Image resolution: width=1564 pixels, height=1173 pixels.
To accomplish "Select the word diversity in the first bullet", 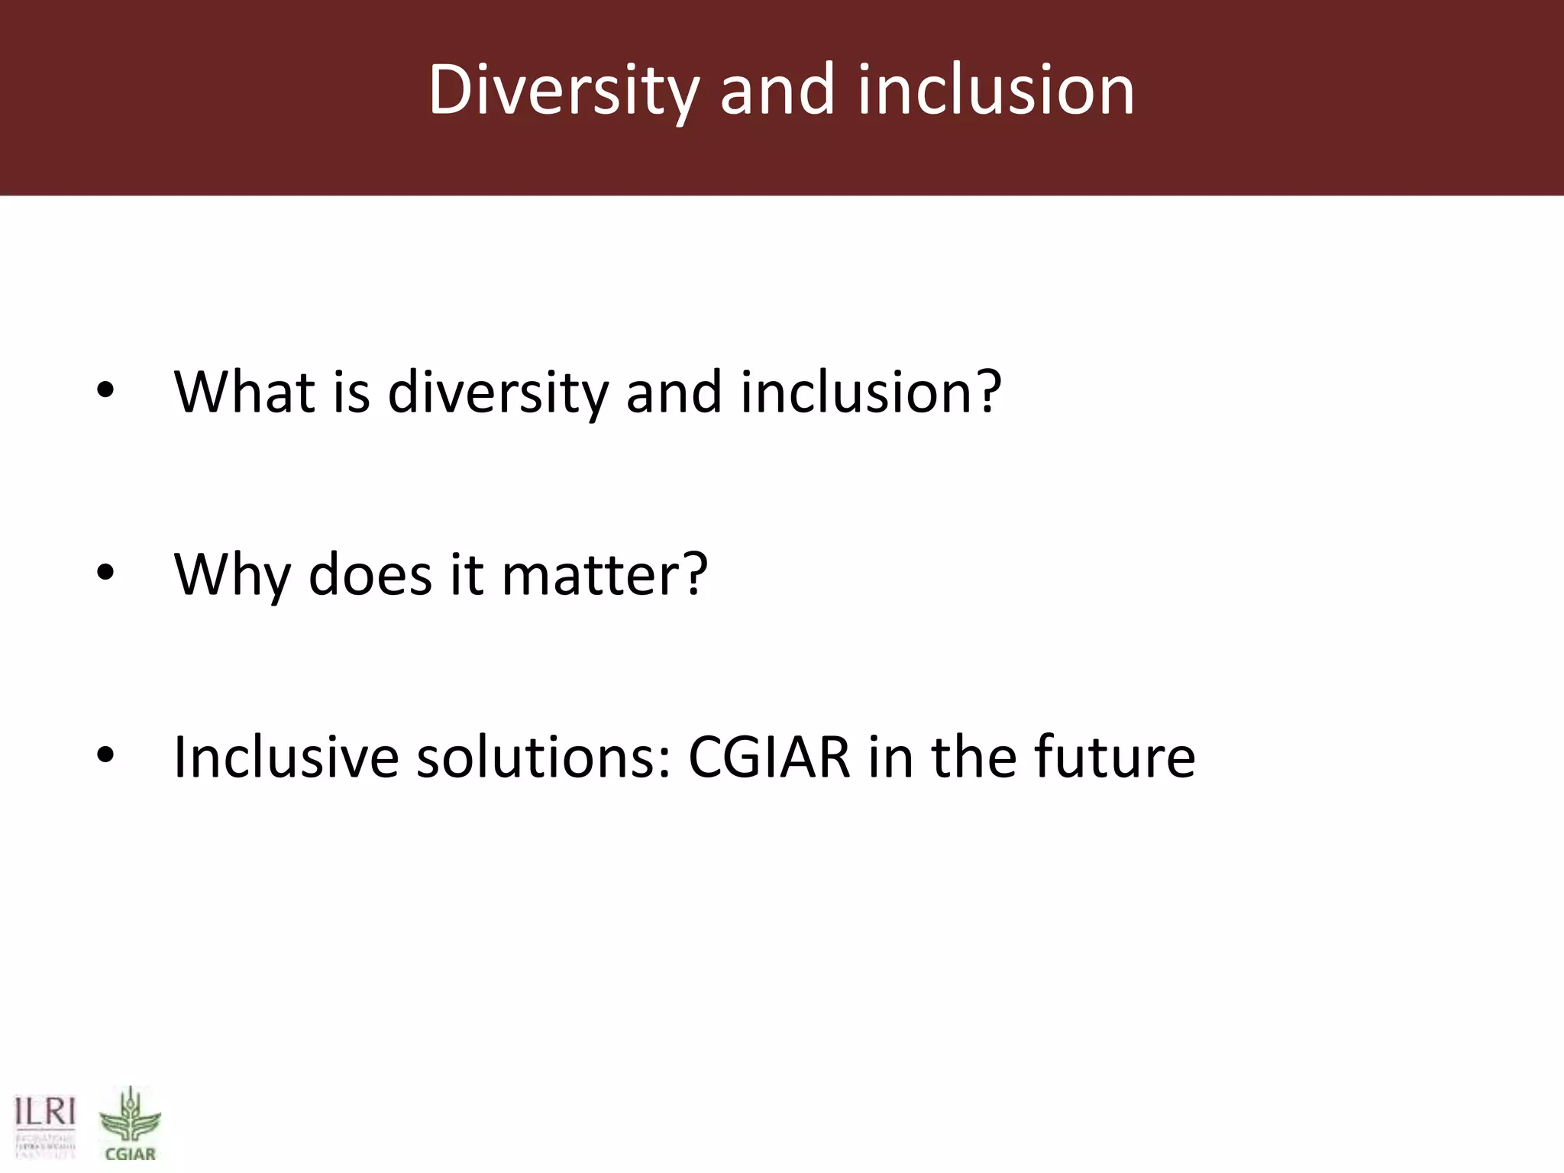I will (x=498, y=392).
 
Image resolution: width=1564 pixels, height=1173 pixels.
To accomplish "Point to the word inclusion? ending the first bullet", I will (x=870, y=392).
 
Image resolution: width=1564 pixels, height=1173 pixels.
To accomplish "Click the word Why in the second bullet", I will (x=231, y=574).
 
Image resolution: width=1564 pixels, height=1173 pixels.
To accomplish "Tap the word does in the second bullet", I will (x=370, y=574).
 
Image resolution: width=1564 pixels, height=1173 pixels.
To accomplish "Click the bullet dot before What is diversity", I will (x=105, y=392).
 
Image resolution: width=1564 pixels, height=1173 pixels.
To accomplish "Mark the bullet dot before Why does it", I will (x=105, y=574).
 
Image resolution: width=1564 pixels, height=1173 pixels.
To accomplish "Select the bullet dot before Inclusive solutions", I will (x=105, y=757).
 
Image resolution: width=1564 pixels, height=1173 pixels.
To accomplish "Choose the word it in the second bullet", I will (x=466, y=574).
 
